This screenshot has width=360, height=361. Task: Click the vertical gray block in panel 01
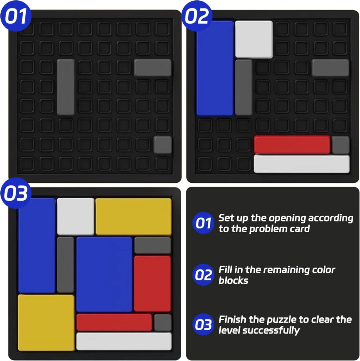tap(66, 87)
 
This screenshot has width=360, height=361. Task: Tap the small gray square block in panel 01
tap(163, 145)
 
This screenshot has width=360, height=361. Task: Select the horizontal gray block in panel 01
tap(153, 68)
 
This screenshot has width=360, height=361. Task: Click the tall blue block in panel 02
tap(215, 68)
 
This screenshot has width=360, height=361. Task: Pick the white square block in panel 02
tap(254, 39)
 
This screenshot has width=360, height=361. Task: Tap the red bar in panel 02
tap(292, 145)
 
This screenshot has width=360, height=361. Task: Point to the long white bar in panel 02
tap(301, 164)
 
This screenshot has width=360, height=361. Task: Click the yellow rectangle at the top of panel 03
tap(134, 217)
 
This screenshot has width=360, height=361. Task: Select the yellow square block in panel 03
tap(46, 323)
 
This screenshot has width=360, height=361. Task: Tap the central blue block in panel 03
tap(104, 274)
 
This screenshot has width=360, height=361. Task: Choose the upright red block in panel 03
tap(152, 284)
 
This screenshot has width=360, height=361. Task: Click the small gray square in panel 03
tap(163, 323)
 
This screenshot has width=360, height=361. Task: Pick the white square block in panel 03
tap(75, 217)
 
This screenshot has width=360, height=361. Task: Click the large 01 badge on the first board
tap(16, 16)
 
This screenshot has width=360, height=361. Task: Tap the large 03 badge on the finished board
tap(16, 193)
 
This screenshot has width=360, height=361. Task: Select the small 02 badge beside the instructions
tap(203, 275)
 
